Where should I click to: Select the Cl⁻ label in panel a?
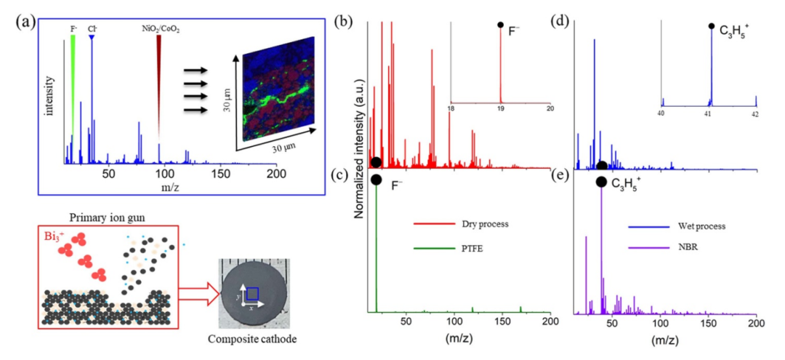click(92, 30)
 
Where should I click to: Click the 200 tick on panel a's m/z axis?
click(276, 175)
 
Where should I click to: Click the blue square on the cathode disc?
click(252, 293)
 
